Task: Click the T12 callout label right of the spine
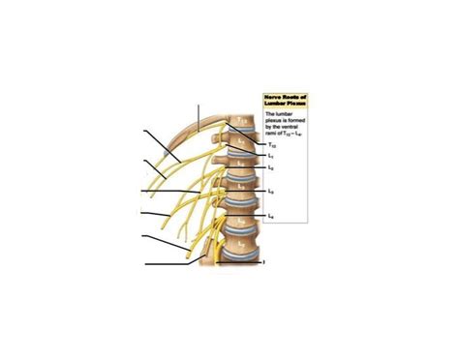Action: coord(271,143)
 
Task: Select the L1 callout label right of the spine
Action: coord(271,155)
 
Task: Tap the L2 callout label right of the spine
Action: coord(271,168)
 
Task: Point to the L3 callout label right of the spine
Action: coord(270,191)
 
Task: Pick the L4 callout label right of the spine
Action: coord(271,214)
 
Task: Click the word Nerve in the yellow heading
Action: coord(273,97)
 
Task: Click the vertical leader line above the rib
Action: coord(200,115)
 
